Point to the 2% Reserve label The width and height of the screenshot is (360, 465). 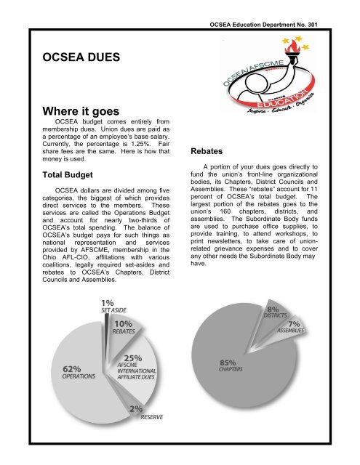(145, 412)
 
